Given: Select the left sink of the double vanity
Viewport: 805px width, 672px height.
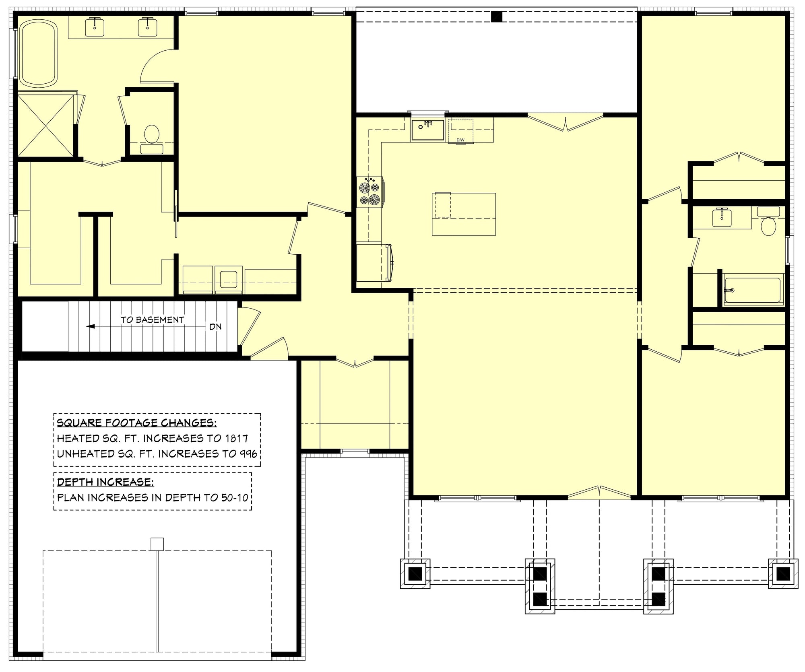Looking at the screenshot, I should [x=95, y=26].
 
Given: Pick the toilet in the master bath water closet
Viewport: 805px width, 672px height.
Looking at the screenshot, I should [x=152, y=134].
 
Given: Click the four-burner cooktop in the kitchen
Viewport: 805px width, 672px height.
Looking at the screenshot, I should [x=369, y=192].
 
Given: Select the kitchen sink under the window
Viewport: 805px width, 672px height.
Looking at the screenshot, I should [x=427, y=130].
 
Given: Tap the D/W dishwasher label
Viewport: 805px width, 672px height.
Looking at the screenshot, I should [x=460, y=140].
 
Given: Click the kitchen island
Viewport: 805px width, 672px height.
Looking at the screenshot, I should [x=464, y=214].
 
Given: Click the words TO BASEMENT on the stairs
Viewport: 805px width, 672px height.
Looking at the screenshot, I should [x=153, y=320].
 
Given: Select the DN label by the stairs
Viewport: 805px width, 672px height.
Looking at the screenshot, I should [x=215, y=327].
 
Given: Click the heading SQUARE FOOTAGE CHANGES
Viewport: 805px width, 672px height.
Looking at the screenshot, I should [x=136, y=423].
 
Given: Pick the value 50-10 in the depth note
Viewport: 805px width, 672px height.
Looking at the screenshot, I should [x=235, y=497].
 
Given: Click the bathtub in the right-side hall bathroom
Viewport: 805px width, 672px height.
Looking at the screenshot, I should [x=752, y=290].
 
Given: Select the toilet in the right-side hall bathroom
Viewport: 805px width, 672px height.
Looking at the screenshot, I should [x=768, y=226].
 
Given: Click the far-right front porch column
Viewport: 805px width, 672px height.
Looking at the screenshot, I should [x=783, y=573].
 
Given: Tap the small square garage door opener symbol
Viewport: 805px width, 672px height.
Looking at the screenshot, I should [x=157, y=544].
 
